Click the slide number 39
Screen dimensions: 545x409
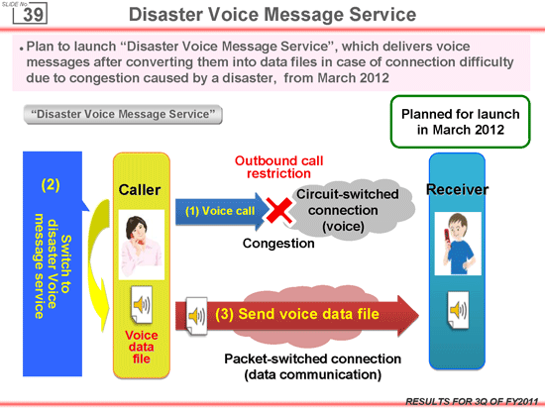coord(34,15)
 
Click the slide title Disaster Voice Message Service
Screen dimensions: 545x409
coord(272,15)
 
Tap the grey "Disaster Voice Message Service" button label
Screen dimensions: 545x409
coord(123,114)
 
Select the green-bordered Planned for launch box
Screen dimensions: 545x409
coord(460,122)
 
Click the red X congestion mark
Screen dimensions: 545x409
coord(279,210)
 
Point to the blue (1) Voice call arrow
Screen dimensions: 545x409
coord(222,211)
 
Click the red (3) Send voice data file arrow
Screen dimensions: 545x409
coord(297,315)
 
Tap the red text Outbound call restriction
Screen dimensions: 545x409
coord(278,167)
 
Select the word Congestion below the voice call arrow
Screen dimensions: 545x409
coord(278,244)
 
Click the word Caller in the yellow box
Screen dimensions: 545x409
coord(140,190)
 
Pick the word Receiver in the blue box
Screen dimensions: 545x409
coord(457,189)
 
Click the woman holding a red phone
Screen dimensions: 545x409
coord(141,245)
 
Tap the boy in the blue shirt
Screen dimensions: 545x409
coord(458,244)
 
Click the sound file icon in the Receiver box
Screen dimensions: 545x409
coord(458,310)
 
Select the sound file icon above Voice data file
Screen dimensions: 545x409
coord(142,305)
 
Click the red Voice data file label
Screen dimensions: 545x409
coord(141,347)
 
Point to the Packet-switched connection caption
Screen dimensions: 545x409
coord(312,366)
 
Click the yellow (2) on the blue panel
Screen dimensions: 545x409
coord(51,185)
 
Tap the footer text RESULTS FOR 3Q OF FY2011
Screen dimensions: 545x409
coord(472,402)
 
